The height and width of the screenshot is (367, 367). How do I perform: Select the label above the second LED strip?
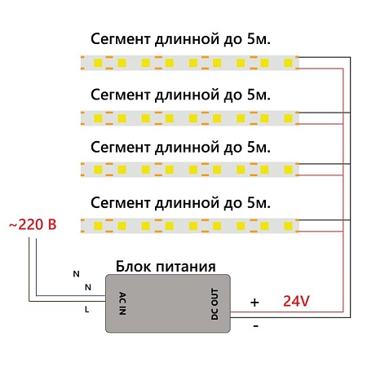tap(179, 94)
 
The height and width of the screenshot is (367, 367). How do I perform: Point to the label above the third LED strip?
tap(179, 148)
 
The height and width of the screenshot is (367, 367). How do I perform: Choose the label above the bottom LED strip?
tap(179, 201)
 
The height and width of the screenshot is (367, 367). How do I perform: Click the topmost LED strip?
tap(190, 62)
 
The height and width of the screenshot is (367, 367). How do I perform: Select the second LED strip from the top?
tap(190, 116)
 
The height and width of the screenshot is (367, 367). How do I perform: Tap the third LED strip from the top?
tap(190, 170)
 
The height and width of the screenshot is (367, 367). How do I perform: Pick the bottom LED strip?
tap(190, 223)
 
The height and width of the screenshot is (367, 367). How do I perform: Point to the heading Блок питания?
tap(166, 266)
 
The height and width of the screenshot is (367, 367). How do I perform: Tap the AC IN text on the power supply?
tap(122, 303)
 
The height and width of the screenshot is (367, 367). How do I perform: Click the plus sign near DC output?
tap(254, 302)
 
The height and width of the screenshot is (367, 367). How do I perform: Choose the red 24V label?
tap(296, 301)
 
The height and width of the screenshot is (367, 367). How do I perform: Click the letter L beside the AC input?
tap(87, 309)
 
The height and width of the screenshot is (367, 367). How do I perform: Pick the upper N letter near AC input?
tap(77, 273)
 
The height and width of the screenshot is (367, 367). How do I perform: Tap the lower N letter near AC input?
tap(87, 287)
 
